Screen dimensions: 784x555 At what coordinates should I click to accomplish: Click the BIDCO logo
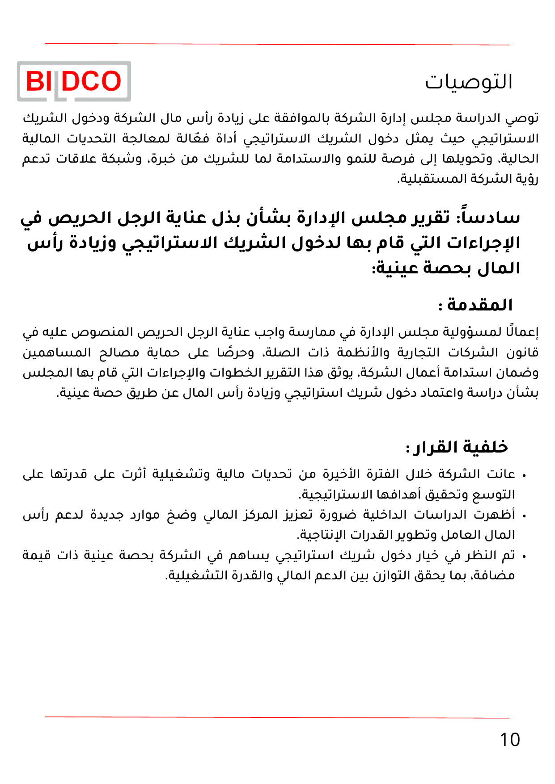[x=74, y=81]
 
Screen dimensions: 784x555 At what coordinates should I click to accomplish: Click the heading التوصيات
[x=468, y=82]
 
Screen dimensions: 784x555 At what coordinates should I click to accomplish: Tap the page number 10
[x=509, y=740]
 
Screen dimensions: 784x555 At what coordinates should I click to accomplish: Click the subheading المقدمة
[x=479, y=305]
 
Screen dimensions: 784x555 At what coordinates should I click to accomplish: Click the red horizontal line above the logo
[x=277, y=44]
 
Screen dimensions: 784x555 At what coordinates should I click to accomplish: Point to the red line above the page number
[x=277, y=717]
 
